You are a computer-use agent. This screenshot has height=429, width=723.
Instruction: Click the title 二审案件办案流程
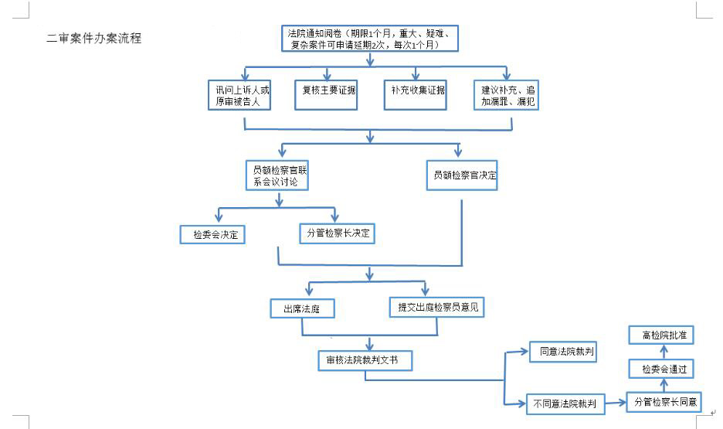[94, 39]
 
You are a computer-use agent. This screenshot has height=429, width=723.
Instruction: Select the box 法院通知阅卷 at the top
[370, 39]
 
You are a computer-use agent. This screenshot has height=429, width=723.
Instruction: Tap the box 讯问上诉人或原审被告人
[239, 95]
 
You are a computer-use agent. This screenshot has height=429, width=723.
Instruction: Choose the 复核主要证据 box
[326, 95]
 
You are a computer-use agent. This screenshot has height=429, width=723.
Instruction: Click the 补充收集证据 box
[416, 95]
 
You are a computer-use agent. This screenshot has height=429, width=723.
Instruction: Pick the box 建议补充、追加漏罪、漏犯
[506, 95]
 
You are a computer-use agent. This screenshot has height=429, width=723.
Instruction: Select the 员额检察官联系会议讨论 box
[277, 175]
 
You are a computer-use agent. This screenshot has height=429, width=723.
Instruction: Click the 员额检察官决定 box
[462, 175]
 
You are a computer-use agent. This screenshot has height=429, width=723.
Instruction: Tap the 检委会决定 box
[212, 235]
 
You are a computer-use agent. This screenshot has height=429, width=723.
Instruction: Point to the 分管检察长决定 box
[337, 233]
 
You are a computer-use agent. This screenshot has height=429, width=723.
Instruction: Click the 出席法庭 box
[303, 308]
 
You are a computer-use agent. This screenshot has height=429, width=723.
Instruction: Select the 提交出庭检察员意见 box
[436, 307]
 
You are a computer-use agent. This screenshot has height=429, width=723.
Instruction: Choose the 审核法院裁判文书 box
[365, 360]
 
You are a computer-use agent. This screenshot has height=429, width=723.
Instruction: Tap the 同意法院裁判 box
[563, 352]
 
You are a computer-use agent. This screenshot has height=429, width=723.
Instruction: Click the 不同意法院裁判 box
[565, 404]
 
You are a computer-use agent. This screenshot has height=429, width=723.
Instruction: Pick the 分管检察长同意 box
[664, 402]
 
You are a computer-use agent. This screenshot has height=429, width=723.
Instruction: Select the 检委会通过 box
[661, 369]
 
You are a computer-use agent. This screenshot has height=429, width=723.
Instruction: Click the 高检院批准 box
[661, 335]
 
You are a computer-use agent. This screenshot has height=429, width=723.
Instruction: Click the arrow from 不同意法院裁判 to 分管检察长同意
[616, 403]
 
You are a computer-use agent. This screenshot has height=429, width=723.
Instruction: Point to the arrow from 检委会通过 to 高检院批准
[664, 352]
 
